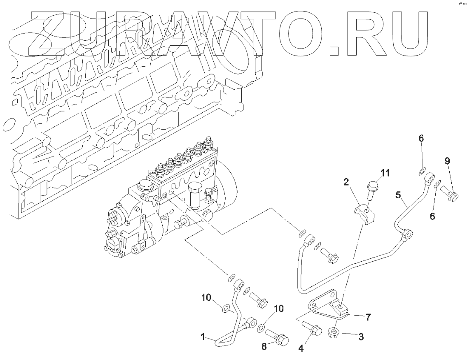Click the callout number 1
[x=203, y=337]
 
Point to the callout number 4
[x=301, y=348]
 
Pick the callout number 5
[x=398, y=195]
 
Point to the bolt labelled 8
[x=278, y=335]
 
